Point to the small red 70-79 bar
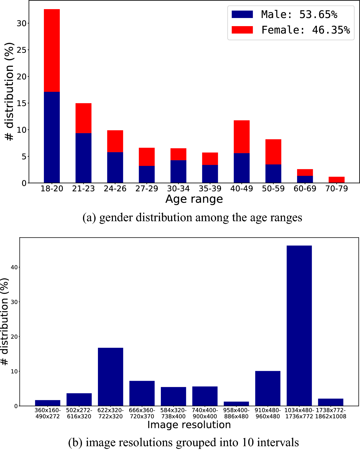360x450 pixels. coord(336,180)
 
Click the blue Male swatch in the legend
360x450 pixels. coord(242,14)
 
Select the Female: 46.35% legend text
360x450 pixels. coord(305,30)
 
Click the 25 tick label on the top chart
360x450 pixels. coord(22,50)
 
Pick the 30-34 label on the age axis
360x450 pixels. coord(178,189)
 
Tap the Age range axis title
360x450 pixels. coord(194,199)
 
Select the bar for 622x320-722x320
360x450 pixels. coord(110,377)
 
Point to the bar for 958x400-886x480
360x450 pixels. coord(236,404)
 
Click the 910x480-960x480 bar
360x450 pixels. coord(268,388)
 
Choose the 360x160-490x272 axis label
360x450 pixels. coord(47,413)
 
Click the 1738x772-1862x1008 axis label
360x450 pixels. coord(331,413)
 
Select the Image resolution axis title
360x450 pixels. coord(189,425)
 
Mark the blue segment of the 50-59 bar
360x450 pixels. coord(273,174)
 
